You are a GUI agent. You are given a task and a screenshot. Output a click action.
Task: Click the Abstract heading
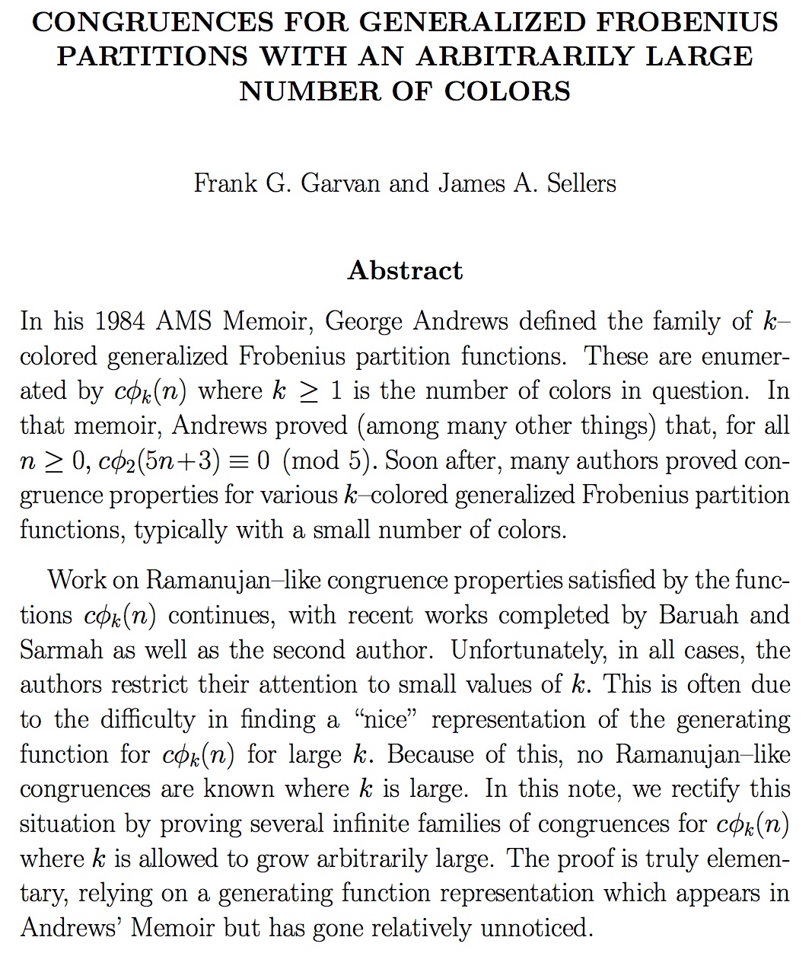tap(405, 270)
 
